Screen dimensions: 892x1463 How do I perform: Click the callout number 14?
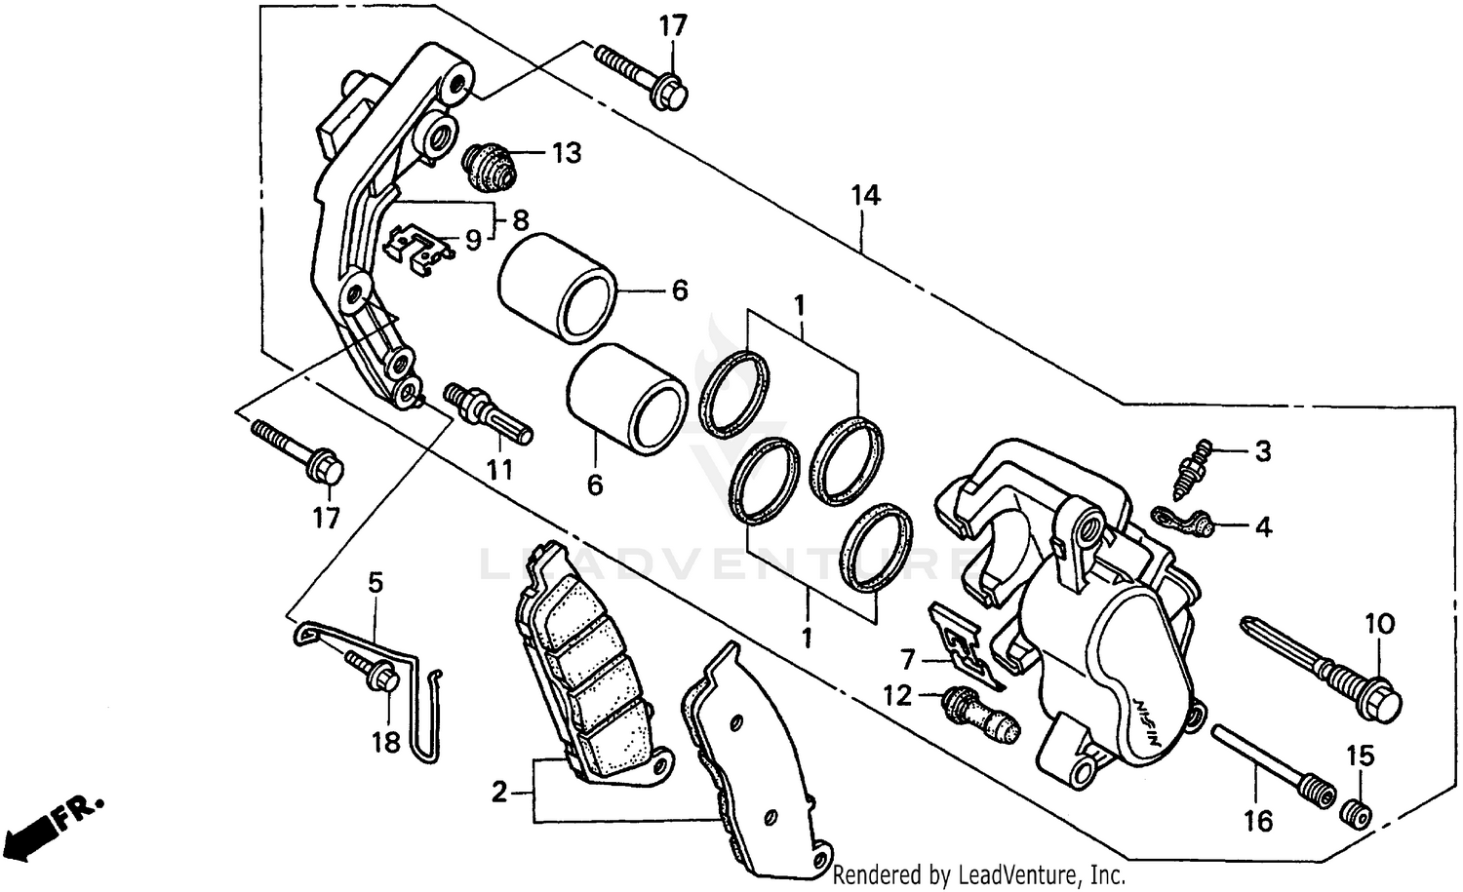(x=864, y=196)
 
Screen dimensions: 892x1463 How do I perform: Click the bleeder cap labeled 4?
(x=1184, y=521)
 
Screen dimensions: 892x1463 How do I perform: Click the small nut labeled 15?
(x=1356, y=811)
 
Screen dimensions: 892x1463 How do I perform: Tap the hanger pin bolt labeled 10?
(x=1323, y=660)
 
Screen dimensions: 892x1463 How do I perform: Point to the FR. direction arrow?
(x=54, y=823)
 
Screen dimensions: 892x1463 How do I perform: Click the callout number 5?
(x=376, y=583)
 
